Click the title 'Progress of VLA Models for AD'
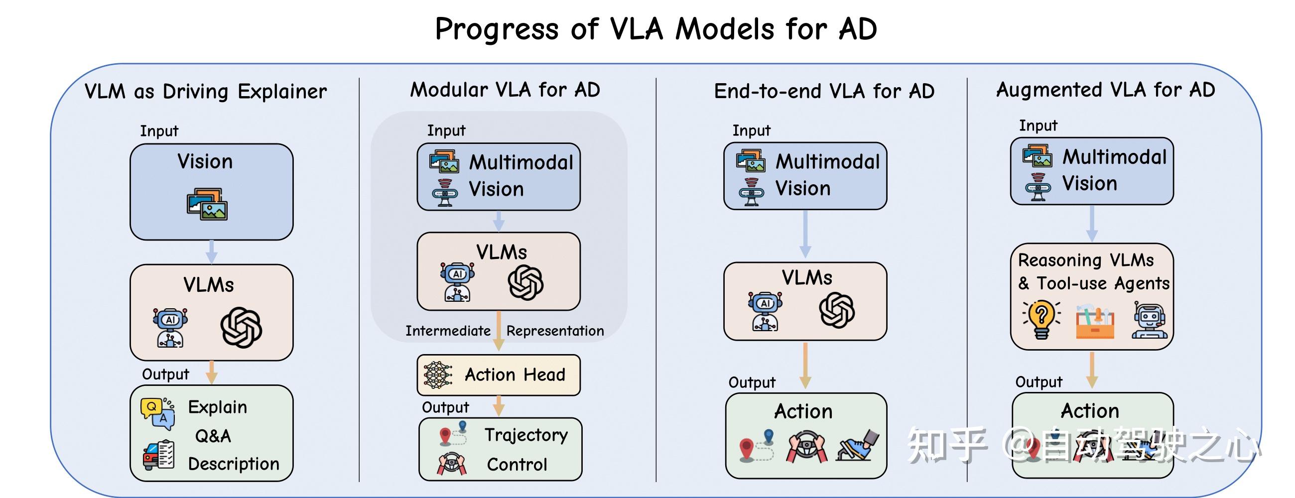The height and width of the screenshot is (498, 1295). point(656,29)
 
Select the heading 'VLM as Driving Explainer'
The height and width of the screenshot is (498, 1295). point(206,92)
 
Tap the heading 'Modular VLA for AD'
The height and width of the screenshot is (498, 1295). point(505,90)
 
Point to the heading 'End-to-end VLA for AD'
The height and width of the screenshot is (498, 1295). point(824,92)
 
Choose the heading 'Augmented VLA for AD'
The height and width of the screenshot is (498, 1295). point(1105,90)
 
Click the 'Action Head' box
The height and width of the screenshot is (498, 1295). point(499,375)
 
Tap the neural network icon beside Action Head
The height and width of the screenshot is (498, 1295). point(438,375)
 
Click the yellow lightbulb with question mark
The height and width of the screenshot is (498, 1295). point(1041,320)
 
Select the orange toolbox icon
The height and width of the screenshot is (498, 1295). point(1095,322)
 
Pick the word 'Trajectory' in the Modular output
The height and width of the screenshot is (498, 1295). point(526,435)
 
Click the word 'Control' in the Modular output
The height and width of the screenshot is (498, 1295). point(517,465)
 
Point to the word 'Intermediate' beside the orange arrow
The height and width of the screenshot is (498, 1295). point(448,331)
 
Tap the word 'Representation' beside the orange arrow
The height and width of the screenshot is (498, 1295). point(555,331)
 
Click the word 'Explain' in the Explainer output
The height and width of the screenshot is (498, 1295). point(217,407)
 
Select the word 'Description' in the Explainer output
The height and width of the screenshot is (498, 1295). point(233,464)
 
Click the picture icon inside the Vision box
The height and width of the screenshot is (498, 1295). point(207,204)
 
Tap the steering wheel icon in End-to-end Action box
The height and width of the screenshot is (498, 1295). point(806,446)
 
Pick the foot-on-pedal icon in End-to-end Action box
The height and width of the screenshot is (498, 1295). point(858,445)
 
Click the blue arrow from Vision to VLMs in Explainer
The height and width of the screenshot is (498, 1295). point(212,251)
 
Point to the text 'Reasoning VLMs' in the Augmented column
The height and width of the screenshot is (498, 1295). point(1086,260)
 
